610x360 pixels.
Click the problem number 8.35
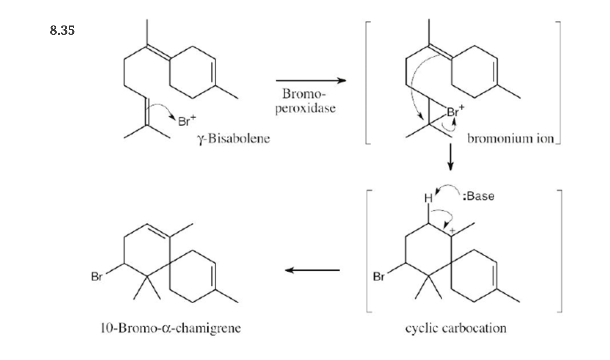[x=62, y=30]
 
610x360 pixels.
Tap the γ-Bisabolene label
[x=234, y=139]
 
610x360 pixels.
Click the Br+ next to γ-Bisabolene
[x=187, y=121]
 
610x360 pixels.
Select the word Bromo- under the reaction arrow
[x=304, y=94]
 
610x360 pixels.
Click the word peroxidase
[x=305, y=109]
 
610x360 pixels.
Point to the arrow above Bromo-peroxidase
[x=311, y=80]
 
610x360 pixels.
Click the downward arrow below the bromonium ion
[x=450, y=157]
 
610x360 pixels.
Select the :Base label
[x=479, y=196]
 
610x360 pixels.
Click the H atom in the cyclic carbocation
[x=428, y=198]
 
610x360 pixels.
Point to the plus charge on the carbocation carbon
[x=452, y=231]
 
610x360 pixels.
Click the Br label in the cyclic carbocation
[x=378, y=277]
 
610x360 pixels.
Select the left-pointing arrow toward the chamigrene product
[x=312, y=270]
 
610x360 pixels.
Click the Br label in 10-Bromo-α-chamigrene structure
[x=97, y=277]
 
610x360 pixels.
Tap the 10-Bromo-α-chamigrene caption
[x=171, y=328]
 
